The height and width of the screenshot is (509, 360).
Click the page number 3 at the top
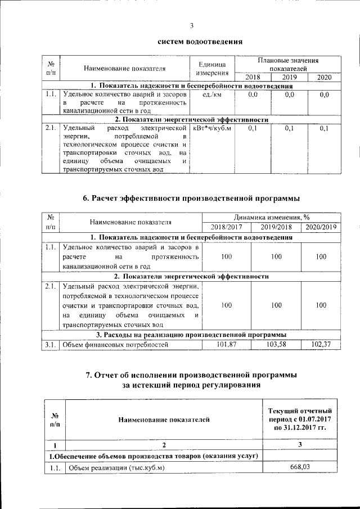(191, 25)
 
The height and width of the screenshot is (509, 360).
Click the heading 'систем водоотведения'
(200, 41)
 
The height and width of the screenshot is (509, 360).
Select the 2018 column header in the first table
(253, 77)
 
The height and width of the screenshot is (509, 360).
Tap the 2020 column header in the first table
(324, 77)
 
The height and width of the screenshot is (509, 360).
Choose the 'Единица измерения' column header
(211, 69)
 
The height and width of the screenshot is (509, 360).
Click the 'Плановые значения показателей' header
(288, 64)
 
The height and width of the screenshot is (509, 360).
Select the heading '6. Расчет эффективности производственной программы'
(191, 198)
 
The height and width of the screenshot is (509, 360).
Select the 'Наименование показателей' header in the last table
(164, 419)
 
